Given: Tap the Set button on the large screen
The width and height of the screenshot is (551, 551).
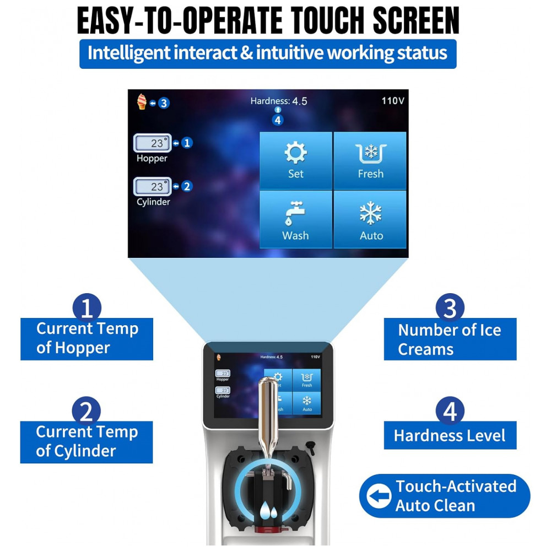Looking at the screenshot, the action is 295,160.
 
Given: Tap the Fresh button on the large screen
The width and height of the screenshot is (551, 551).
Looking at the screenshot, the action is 370,160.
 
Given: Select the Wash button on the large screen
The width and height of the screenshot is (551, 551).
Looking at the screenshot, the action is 295,219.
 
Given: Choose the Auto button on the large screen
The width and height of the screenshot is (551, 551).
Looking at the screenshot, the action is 370,219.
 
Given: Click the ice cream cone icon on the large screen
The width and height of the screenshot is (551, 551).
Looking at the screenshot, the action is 142,102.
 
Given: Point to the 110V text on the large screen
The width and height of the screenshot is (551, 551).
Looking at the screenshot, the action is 393,101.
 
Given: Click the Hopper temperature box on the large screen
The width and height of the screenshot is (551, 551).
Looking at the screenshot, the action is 153,143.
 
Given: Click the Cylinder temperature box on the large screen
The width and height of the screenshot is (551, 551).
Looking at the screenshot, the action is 153,187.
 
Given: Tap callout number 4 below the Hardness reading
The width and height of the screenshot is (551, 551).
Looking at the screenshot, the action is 278,120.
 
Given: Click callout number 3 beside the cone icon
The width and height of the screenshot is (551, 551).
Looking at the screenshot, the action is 164,104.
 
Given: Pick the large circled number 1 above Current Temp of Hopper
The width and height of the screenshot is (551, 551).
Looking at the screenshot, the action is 87,307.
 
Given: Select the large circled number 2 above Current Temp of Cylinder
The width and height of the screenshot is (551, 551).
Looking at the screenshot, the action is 87,411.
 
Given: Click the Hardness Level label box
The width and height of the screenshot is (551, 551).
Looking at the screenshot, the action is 450,435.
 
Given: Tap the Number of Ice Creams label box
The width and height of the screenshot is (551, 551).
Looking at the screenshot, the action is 450,339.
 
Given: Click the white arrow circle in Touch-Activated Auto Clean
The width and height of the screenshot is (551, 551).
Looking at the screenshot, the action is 379,496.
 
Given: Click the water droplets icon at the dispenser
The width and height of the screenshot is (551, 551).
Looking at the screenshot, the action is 268,511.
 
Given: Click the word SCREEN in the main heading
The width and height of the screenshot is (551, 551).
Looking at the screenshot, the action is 416,21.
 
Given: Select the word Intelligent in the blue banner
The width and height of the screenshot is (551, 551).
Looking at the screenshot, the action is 129,53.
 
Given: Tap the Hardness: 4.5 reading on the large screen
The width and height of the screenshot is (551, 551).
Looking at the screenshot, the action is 279,101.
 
